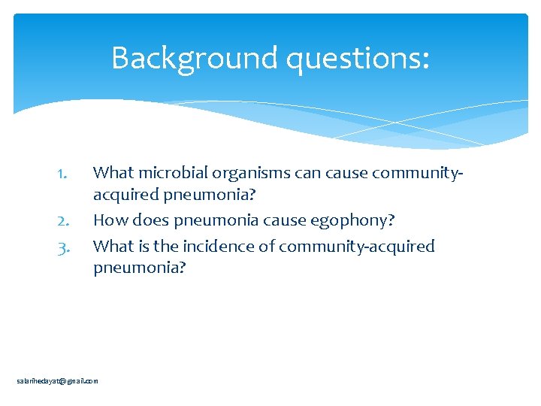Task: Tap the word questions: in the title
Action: [x=360, y=58]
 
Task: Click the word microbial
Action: [x=162, y=173]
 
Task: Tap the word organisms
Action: [x=233, y=173]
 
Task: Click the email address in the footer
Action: [x=58, y=381]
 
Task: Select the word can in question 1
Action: [x=287, y=173]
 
